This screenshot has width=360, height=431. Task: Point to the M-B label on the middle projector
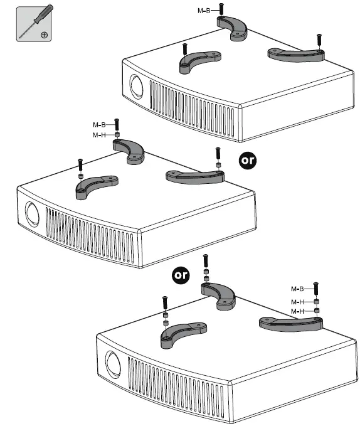(99, 125)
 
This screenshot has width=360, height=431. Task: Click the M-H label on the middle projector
(99, 135)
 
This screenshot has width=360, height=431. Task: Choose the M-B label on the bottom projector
(297, 289)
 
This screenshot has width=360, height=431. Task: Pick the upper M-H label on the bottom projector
(297, 302)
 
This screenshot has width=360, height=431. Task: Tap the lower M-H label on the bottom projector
(297, 311)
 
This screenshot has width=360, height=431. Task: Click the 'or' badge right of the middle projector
(248, 161)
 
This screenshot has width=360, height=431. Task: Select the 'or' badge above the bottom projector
(181, 275)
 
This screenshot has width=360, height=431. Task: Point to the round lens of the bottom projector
(113, 363)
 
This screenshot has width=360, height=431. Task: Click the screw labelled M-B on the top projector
(221, 9)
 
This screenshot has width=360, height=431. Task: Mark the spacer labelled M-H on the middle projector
(117, 135)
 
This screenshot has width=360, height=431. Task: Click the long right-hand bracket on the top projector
(296, 55)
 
